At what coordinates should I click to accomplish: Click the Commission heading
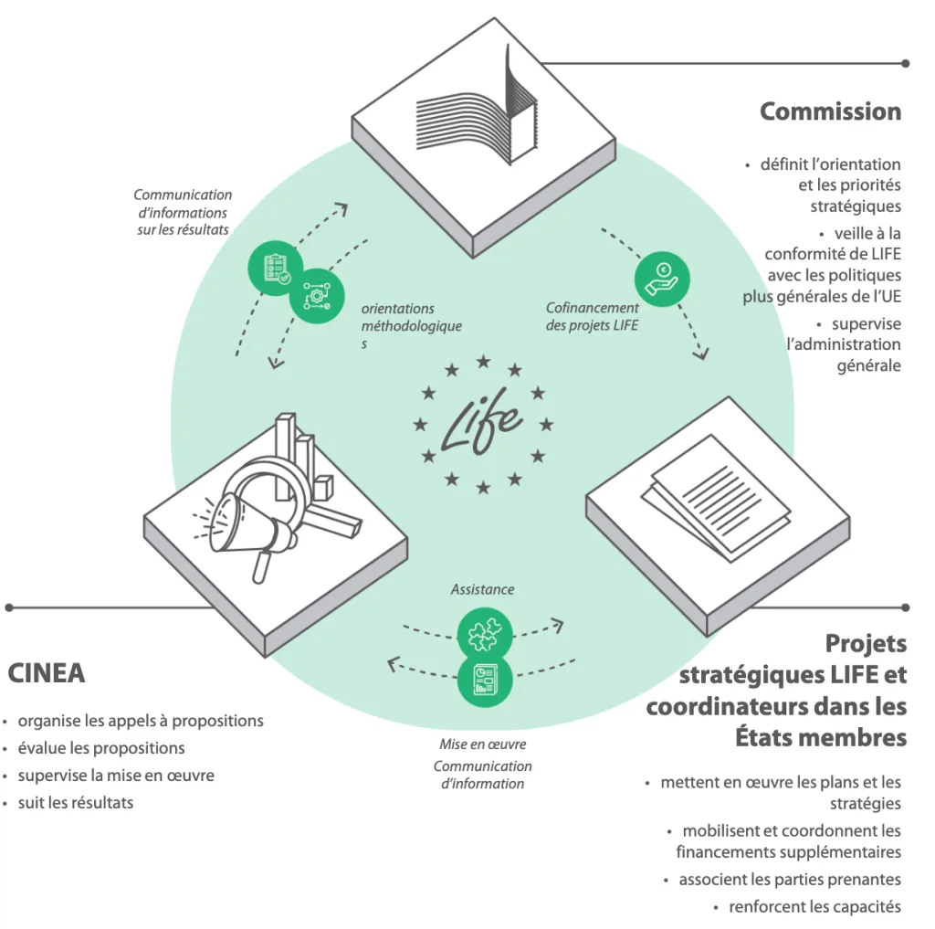point(830,111)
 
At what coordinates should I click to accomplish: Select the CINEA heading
point(47,673)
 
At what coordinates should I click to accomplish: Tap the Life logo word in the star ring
point(481,424)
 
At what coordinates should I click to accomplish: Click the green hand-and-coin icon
point(662,278)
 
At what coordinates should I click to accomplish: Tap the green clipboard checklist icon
point(276,268)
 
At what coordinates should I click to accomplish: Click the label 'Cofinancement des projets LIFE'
point(593,317)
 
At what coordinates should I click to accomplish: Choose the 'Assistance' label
point(482,590)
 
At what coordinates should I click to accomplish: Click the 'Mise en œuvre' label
point(482,744)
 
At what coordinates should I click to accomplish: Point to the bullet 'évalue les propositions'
point(101,748)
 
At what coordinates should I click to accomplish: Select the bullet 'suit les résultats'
point(76,803)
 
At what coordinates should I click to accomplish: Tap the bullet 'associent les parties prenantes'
point(790,880)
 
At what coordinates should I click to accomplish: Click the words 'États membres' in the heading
point(821,737)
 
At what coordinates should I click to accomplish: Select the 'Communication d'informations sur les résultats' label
point(183,212)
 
